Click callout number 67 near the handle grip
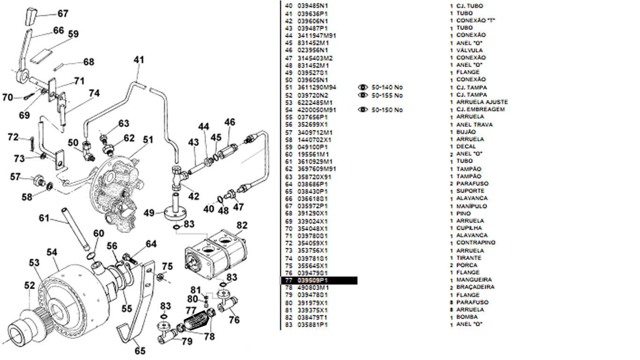click(63, 14)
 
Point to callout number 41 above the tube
click(139, 60)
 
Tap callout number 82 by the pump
click(241, 226)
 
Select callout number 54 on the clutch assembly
click(52, 253)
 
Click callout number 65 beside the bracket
click(140, 350)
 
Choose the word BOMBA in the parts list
click(468, 317)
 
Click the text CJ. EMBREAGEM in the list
click(481, 109)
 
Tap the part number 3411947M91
click(317, 36)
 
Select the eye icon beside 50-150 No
click(363, 110)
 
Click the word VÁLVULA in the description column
click(469, 50)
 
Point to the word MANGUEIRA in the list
click(474, 280)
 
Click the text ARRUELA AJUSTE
click(482, 102)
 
